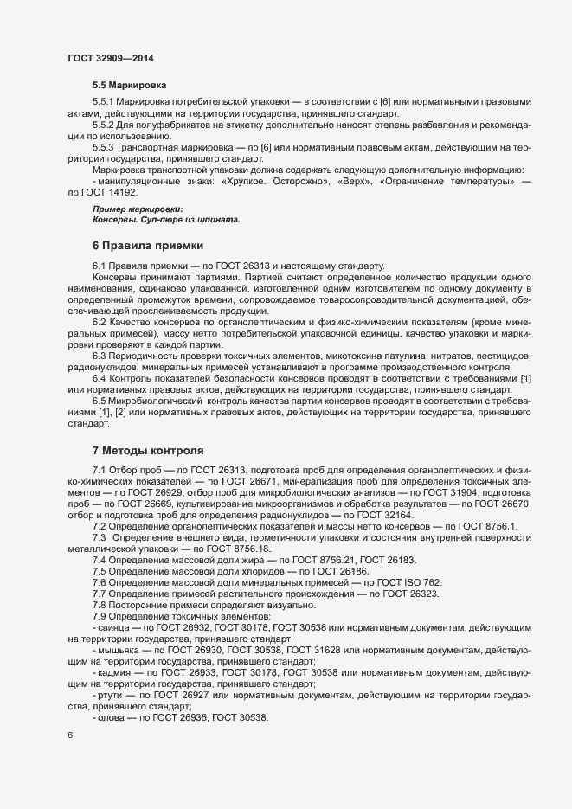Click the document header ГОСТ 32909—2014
[x=112, y=58]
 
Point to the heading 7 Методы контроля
[x=147, y=451]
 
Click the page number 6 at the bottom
[x=70, y=735]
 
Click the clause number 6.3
[x=100, y=356]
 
